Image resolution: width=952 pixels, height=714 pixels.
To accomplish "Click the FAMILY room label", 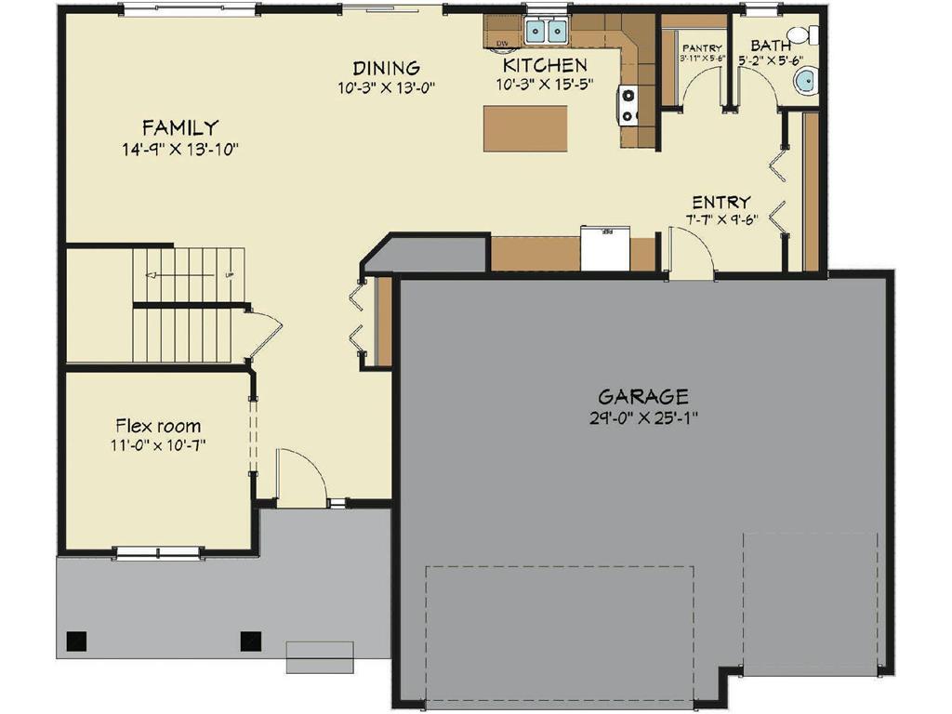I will pyautogui.click(x=179, y=127).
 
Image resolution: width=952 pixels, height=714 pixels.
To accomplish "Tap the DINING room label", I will pyautogui.click(x=386, y=68).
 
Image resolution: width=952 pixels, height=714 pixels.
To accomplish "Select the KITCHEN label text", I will pyautogui.click(x=545, y=65).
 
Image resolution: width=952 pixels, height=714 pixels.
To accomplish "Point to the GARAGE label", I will pyautogui.click(x=642, y=396).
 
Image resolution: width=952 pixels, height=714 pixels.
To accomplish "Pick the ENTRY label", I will pyautogui.click(x=721, y=203).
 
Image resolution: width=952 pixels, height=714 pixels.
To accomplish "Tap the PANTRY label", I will pyautogui.click(x=702, y=47).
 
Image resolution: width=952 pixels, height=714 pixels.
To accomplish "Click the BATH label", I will pyautogui.click(x=771, y=45).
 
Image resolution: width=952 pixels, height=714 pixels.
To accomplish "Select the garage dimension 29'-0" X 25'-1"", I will pyautogui.click(x=642, y=417).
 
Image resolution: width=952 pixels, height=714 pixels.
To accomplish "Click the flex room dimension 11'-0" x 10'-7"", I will pyautogui.click(x=157, y=444).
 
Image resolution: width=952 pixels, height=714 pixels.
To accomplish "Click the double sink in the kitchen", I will pyautogui.click(x=546, y=32).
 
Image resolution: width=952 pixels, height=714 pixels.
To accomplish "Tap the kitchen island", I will pyautogui.click(x=525, y=128).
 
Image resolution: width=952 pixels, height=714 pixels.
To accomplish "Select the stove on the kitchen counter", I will pyautogui.click(x=628, y=105).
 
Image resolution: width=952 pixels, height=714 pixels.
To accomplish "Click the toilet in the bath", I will pyautogui.click(x=813, y=36).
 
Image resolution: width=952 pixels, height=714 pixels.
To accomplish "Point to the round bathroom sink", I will pyautogui.click(x=806, y=82).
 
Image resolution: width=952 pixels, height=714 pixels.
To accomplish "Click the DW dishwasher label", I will pyautogui.click(x=502, y=43).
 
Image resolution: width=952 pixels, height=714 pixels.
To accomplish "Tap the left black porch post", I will pyautogui.click(x=77, y=641).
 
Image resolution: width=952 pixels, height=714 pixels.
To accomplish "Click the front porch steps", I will pyautogui.click(x=320, y=656).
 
